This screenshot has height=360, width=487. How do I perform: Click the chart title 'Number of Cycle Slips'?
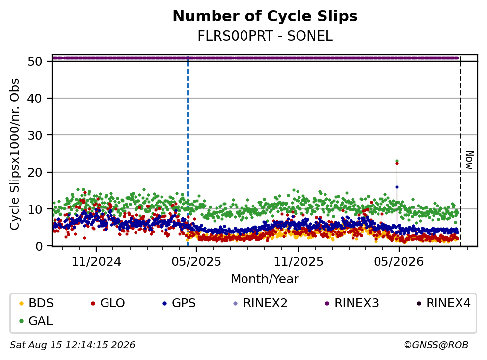point(265,16)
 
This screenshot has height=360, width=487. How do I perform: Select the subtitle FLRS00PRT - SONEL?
point(265,36)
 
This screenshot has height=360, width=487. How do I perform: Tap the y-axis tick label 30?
point(35,135)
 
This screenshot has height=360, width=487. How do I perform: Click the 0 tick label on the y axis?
point(39,246)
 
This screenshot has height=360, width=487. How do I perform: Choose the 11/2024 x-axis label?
point(96,262)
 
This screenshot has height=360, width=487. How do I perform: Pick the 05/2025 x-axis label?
point(196,262)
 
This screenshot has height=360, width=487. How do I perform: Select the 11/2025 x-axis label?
point(298,262)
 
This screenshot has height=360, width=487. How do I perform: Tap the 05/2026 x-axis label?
point(399,262)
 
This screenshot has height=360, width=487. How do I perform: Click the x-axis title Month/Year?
point(265,279)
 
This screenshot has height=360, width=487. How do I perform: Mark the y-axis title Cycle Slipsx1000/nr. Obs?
point(15,154)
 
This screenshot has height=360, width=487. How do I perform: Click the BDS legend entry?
point(36,303)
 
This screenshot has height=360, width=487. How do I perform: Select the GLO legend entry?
point(108,303)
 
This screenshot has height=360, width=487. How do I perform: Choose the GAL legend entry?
point(36,321)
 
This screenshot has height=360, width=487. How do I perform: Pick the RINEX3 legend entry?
point(352,303)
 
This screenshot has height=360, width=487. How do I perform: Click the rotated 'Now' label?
point(470,160)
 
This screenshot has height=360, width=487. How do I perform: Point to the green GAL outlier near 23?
point(397,161)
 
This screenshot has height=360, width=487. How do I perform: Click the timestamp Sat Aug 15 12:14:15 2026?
point(72,345)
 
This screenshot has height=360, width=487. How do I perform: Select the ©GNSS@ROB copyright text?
point(436,345)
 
